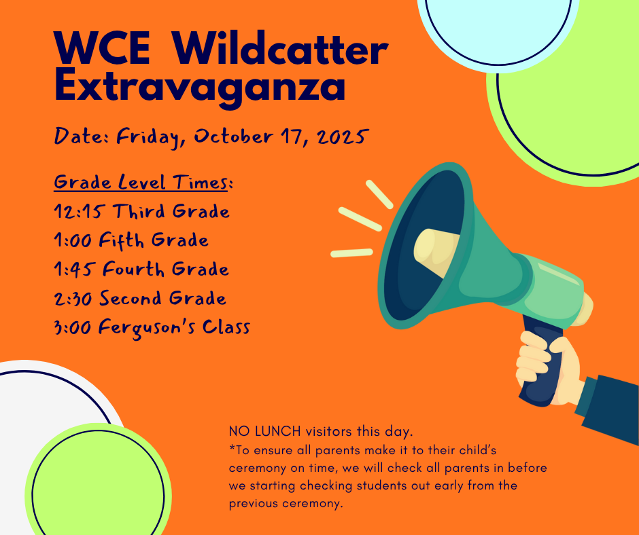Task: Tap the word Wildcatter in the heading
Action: point(280,49)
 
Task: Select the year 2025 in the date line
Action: point(339,136)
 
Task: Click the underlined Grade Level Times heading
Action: point(143,183)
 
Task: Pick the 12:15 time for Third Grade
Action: point(77,212)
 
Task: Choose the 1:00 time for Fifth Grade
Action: point(73,240)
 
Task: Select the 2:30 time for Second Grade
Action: point(74,299)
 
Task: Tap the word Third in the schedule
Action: point(139,212)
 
